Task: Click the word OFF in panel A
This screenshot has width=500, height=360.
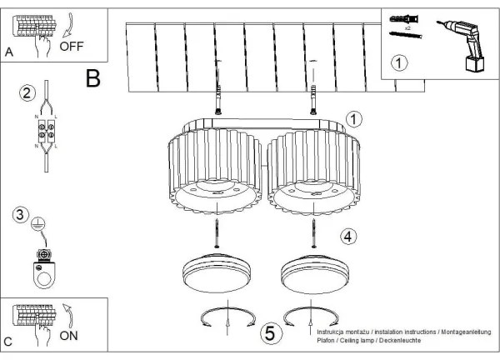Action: [71, 47]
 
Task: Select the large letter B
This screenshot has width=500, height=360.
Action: [92, 78]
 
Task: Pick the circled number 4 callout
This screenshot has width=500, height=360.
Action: [349, 236]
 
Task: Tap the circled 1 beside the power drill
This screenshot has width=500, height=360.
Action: [401, 62]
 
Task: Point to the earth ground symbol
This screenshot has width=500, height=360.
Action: [38, 223]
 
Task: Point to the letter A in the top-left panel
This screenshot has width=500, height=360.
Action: [9, 52]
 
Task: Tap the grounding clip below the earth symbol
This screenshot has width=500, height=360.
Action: [43, 267]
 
